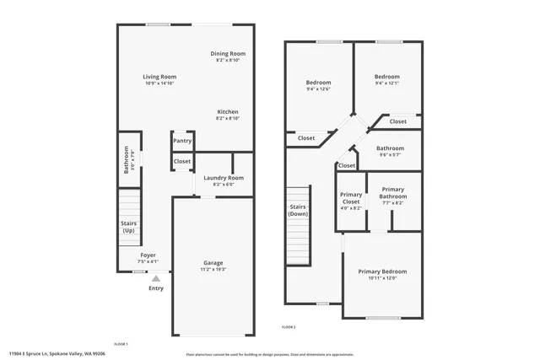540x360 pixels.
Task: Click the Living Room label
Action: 159,77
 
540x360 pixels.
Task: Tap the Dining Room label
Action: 228,54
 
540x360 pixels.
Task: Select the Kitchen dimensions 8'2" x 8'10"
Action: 228,119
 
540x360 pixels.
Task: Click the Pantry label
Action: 182,141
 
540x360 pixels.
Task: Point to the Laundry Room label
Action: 224,177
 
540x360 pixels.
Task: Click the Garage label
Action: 213,262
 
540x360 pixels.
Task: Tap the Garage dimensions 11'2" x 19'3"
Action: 213,269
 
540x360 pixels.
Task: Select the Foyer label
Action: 148,255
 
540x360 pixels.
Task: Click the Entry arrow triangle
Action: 156,277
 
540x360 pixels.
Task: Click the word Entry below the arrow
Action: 156,288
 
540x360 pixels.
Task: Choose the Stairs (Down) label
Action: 298,210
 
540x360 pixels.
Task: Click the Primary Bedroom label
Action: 382,271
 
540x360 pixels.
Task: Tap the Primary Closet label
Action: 351,199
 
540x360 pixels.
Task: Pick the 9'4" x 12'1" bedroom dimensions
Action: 387,83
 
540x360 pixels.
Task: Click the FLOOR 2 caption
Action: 289,326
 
